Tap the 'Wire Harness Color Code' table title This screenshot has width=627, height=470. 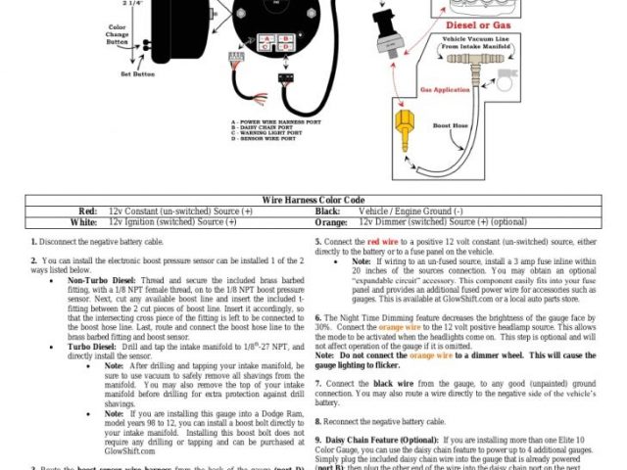[x=312, y=200]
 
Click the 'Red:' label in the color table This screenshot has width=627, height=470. [x=87, y=211]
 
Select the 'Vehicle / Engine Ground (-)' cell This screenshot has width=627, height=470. [x=410, y=211]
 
